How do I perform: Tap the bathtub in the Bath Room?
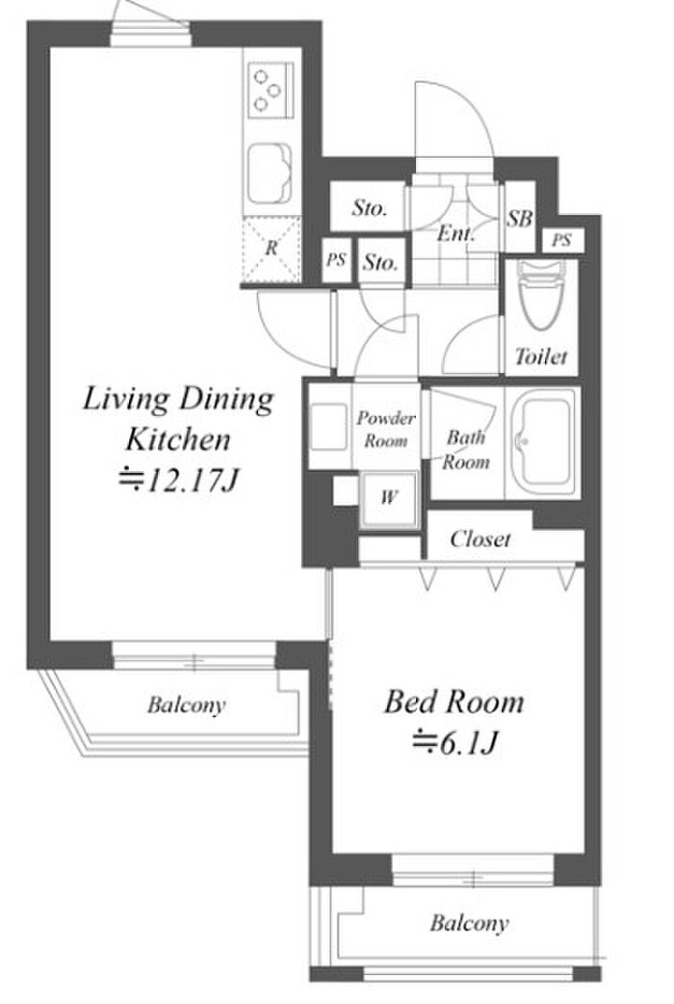pyautogui.click(x=544, y=443)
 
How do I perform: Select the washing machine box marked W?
pyautogui.click(x=389, y=500)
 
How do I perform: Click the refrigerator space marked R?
pyautogui.click(x=272, y=250)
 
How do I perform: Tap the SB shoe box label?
pyautogui.click(x=520, y=219)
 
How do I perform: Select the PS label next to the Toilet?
pyautogui.click(x=561, y=240)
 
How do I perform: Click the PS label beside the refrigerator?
pyautogui.click(x=336, y=260)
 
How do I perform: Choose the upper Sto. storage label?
pyautogui.click(x=370, y=207)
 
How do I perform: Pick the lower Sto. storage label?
pyautogui.click(x=380, y=262)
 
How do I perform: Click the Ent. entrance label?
pyautogui.click(x=455, y=233)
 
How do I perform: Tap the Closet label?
pyautogui.click(x=480, y=540)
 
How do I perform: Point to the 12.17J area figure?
pyautogui.click(x=178, y=479)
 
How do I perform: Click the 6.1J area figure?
pyautogui.click(x=455, y=743)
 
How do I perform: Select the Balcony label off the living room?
pyautogui.click(x=186, y=705)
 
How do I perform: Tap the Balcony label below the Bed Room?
pyautogui.click(x=469, y=923)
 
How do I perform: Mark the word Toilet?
pyautogui.click(x=541, y=356)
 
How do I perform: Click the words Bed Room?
pyautogui.click(x=454, y=701)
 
